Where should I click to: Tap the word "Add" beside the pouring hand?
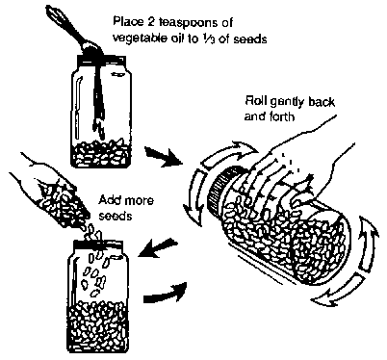click(x=110, y=200)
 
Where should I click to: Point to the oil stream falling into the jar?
click(x=99, y=96)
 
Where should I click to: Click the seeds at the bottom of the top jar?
click(x=101, y=152)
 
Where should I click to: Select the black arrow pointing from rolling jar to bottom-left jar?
click(x=158, y=247)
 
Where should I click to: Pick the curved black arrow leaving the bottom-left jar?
click(x=165, y=292)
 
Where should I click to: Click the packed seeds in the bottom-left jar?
click(x=98, y=324)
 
